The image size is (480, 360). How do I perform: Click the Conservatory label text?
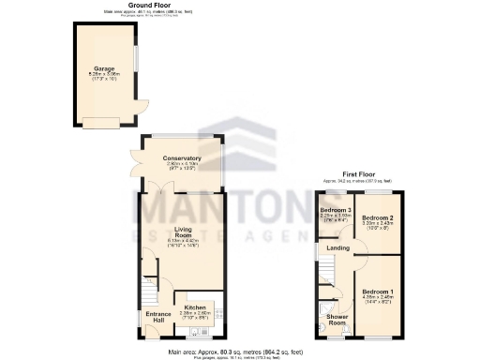182,157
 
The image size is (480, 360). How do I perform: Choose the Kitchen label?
194,307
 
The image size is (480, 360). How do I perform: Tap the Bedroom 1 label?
380,292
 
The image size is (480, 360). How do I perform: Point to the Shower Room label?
337,318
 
